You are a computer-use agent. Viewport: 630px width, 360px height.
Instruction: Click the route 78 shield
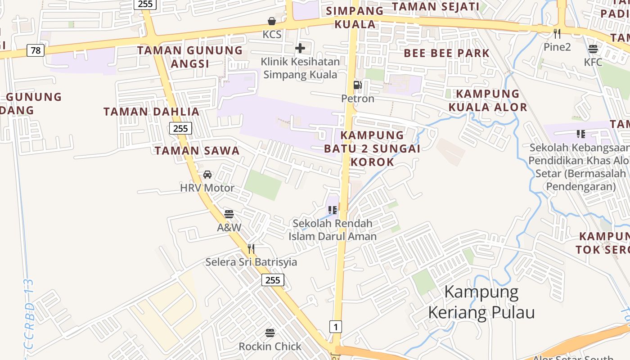(x=36, y=50)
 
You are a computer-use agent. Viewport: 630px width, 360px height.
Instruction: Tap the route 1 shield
(x=335, y=326)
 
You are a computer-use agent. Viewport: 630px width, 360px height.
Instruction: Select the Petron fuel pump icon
(x=358, y=85)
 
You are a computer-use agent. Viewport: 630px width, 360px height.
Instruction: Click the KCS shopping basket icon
(x=272, y=21)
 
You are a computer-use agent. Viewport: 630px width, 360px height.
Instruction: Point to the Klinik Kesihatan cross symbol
(x=300, y=48)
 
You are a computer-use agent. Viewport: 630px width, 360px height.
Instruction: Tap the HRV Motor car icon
(x=207, y=175)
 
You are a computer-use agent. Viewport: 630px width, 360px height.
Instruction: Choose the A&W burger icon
(x=229, y=214)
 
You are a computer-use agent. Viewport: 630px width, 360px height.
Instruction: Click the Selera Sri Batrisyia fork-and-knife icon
(x=251, y=248)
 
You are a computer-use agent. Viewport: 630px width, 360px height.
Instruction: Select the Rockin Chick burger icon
(x=270, y=333)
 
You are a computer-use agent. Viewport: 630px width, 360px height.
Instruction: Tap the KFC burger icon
(x=593, y=49)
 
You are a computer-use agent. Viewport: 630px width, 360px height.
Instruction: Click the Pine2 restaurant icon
(x=557, y=33)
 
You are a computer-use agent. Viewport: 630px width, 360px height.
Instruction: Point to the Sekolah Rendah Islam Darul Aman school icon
(x=333, y=210)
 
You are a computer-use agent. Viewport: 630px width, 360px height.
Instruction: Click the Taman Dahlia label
(x=151, y=112)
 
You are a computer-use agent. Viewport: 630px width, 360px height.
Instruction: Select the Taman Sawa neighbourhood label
(x=197, y=150)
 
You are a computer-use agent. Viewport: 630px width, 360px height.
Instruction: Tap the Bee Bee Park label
(x=446, y=53)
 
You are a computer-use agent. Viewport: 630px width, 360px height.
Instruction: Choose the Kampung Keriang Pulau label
(x=481, y=302)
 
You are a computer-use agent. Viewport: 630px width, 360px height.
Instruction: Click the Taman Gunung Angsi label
(x=190, y=57)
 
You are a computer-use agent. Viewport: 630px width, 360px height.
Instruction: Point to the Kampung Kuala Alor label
(x=488, y=100)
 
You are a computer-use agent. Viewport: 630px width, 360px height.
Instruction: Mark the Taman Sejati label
(x=436, y=7)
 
